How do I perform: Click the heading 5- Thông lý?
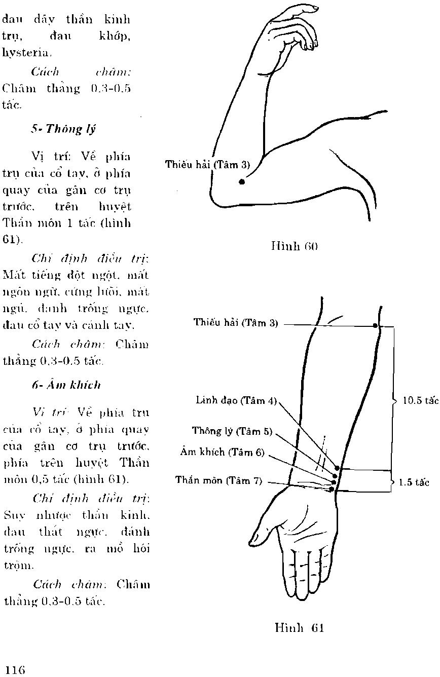(x=63, y=129)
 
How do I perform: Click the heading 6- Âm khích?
(x=66, y=385)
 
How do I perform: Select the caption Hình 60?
(x=295, y=247)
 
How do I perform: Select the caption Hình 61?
(x=299, y=628)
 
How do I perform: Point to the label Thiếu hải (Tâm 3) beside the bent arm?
(x=208, y=165)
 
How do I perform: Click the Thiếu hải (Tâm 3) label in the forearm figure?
(x=236, y=323)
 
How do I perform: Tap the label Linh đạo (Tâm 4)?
(x=236, y=400)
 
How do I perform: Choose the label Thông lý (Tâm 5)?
(x=232, y=431)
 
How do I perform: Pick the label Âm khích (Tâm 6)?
(x=223, y=453)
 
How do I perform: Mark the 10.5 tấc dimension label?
(x=420, y=400)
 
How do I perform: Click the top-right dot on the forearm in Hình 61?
(x=376, y=325)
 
